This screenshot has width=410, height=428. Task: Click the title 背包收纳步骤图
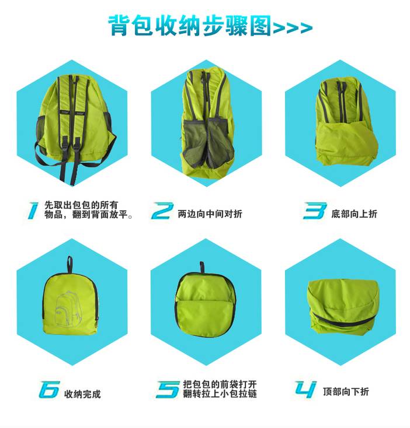click(x=189, y=25)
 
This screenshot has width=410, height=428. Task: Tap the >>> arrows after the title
click(x=293, y=27)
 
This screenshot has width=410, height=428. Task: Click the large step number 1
click(x=33, y=211)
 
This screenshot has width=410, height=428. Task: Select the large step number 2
click(x=162, y=211)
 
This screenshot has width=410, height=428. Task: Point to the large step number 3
click(x=315, y=211)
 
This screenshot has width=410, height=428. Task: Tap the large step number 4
click(x=306, y=390)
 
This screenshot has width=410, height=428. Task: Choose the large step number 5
click(x=168, y=390)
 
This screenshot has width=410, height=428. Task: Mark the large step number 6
click(x=49, y=390)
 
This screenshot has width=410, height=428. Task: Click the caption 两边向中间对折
click(x=210, y=214)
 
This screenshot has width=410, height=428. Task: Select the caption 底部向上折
click(x=355, y=214)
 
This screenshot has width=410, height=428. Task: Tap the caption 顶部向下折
click(x=346, y=392)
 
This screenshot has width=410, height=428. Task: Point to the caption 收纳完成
click(x=82, y=394)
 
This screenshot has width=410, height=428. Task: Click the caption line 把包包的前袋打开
click(x=220, y=384)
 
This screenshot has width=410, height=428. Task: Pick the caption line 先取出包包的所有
click(x=81, y=205)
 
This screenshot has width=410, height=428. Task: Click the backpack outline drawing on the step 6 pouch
click(x=68, y=308)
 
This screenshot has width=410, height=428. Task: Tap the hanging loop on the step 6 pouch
click(x=70, y=265)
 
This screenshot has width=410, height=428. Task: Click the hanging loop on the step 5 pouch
click(x=202, y=268)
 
